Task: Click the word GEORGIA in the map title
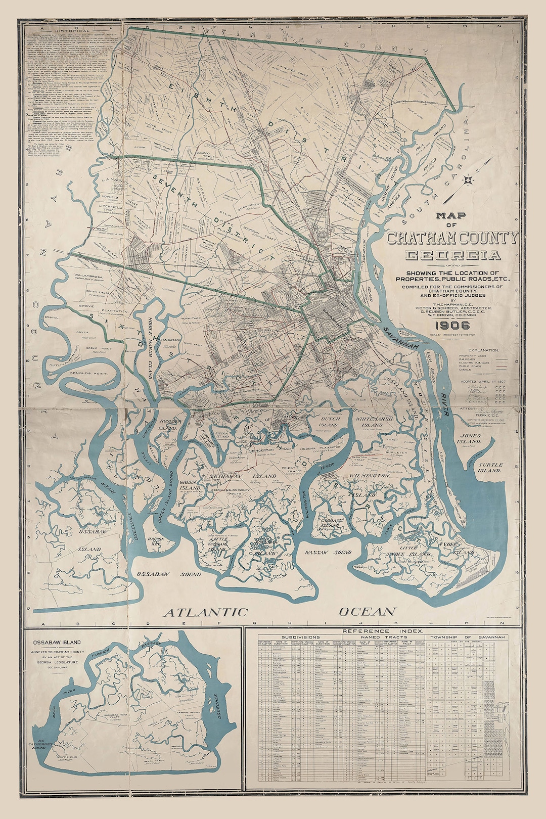tap(452, 255)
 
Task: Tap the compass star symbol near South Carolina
tap(469, 178)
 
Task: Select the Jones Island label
tap(470, 438)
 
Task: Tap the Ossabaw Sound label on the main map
tap(162, 575)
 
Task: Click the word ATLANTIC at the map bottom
tap(206, 612)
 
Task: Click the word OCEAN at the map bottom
tap(367, 612)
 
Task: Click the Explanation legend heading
tap(483, 350)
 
